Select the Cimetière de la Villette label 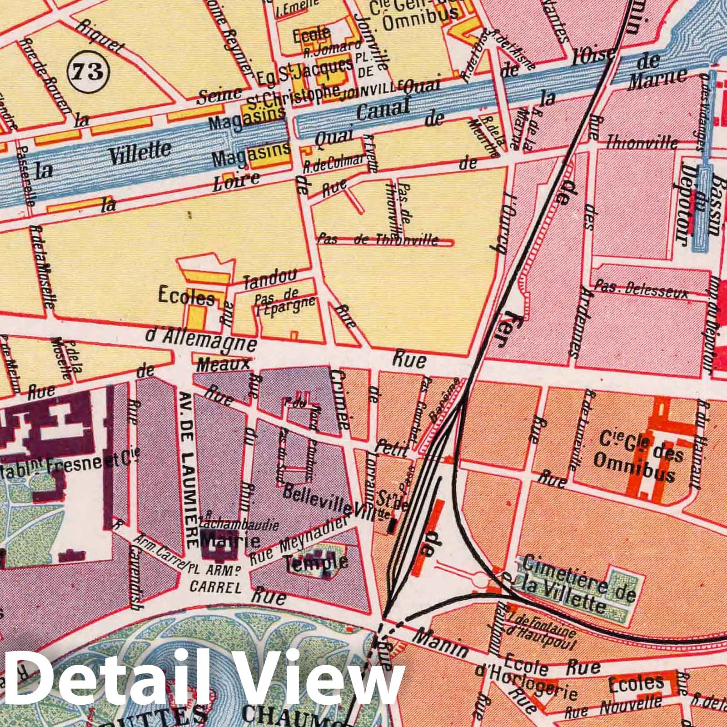[577, 582]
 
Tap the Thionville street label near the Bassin [642, 144]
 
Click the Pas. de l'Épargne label [284, 304]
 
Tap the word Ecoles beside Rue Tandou [186, 296]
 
